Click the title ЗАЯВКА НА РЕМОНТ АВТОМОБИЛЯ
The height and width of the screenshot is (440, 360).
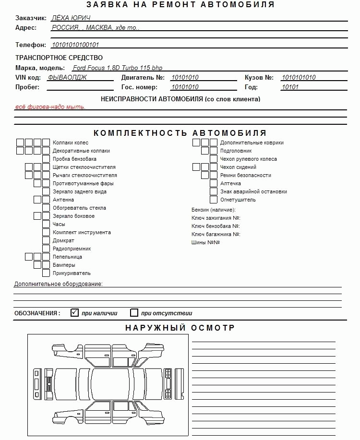(x=180, y=5)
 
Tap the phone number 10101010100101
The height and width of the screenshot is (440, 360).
(x=75, y=45)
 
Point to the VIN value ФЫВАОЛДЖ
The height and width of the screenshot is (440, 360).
(x=67, y=77)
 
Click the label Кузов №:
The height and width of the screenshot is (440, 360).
(x=259, y=77)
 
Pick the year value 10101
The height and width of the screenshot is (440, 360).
(x=290, y=87)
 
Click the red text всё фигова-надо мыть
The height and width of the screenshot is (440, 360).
(x=50, y=107)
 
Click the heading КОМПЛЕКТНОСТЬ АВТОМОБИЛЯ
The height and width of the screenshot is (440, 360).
(x=180, y=133)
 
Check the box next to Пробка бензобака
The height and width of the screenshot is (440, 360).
(x=46, y=159)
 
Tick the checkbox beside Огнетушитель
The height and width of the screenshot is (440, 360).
(x=214, y=200)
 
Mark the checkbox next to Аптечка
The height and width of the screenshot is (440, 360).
(x=214, y=183)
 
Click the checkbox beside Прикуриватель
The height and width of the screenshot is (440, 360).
(x=46, y=273)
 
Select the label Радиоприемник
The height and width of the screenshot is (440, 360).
(x=72, y=249)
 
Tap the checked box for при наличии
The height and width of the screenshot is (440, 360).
(x=74, y=313)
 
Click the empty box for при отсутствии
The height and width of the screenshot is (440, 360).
(x=134, y=313)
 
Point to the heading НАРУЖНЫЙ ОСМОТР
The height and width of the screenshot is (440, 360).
(x=180, y=328)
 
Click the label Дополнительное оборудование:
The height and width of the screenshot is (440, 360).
(x=58, y=284)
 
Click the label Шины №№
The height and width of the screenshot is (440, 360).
(x=205, y=242)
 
